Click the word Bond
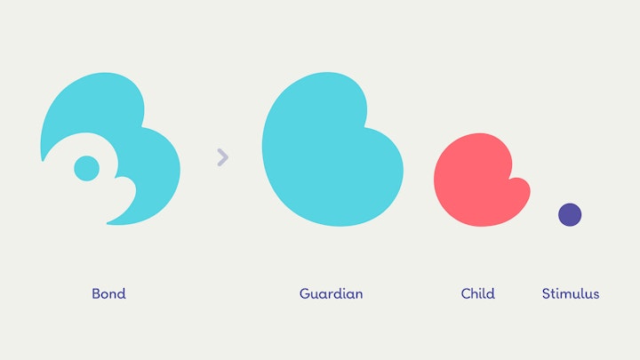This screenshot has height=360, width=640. [x=108, y=293]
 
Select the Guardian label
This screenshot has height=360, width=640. [x=331, y=293]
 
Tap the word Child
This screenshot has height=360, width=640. [x=477, y=293]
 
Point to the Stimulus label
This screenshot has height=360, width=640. [x=570, y=293]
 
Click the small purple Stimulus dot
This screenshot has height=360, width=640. [x=570, y=214]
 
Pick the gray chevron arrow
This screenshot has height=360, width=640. [x=222, y=157]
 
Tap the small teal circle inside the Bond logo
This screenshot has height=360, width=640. [x=86, y=168]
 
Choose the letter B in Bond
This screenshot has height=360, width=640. [x=96, y=293]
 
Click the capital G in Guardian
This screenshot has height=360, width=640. [x=304, y=293]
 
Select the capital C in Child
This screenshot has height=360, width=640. [x=466, y=293]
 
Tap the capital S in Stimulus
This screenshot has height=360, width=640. [x=546, y=293]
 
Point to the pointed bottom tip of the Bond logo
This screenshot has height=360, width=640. [x=109, y=221]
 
